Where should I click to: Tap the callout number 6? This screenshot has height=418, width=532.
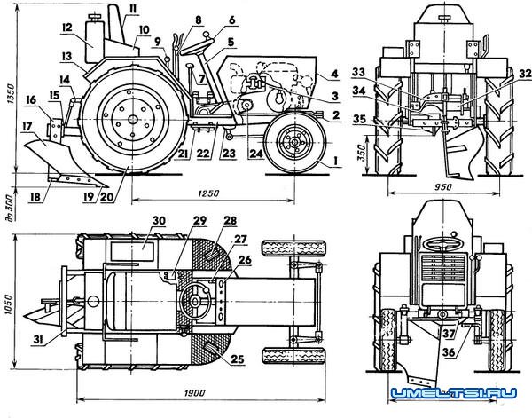[207, 19]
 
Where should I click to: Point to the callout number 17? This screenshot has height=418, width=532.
[30, 127]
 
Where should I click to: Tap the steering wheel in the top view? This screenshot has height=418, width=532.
[197, 304]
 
